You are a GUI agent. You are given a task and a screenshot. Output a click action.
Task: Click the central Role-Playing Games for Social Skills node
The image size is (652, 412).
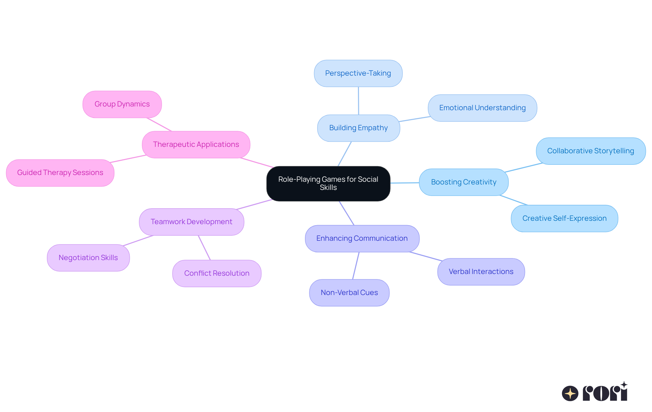[328, 183]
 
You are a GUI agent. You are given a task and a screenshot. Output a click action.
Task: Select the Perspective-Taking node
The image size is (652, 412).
[358, 73]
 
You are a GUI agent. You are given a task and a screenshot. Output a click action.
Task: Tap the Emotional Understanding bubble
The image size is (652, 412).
[482, 108]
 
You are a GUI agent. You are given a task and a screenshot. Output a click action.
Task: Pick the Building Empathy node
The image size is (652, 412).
[358, 128]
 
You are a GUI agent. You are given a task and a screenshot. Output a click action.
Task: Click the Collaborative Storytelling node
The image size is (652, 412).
[591, 151]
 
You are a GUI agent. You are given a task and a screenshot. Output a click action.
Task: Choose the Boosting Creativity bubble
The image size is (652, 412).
[464, 182]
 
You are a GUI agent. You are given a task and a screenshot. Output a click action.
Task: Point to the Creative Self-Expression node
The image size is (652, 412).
[564, 218]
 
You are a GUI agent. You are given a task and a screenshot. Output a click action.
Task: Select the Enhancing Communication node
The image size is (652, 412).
[362, 238]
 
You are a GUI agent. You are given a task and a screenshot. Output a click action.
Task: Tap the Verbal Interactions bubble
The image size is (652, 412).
[481, 272]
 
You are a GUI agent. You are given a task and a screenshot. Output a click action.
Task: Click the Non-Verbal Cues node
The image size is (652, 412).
[349, 293]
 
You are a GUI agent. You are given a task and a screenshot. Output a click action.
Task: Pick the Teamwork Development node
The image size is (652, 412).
[191, 222]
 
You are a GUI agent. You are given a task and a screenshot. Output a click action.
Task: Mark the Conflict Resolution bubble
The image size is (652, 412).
[217, 273]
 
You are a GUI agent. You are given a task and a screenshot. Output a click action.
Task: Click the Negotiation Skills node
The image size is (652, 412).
[88, 258]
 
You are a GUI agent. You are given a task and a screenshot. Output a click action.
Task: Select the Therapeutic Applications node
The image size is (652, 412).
[196, 144]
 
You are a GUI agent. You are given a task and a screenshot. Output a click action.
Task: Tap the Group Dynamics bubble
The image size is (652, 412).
[122, 104]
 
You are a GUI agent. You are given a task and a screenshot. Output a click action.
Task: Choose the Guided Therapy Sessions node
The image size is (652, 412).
[60, 173]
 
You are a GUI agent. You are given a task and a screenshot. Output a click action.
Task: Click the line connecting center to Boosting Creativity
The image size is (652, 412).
[404, 183]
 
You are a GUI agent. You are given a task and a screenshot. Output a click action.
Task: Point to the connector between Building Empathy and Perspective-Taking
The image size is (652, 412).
[358, 101]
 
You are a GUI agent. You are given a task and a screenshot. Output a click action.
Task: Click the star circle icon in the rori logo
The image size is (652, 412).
[570, 393]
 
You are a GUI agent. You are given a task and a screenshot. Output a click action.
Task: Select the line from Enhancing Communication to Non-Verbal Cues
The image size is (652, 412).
[356, 266]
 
